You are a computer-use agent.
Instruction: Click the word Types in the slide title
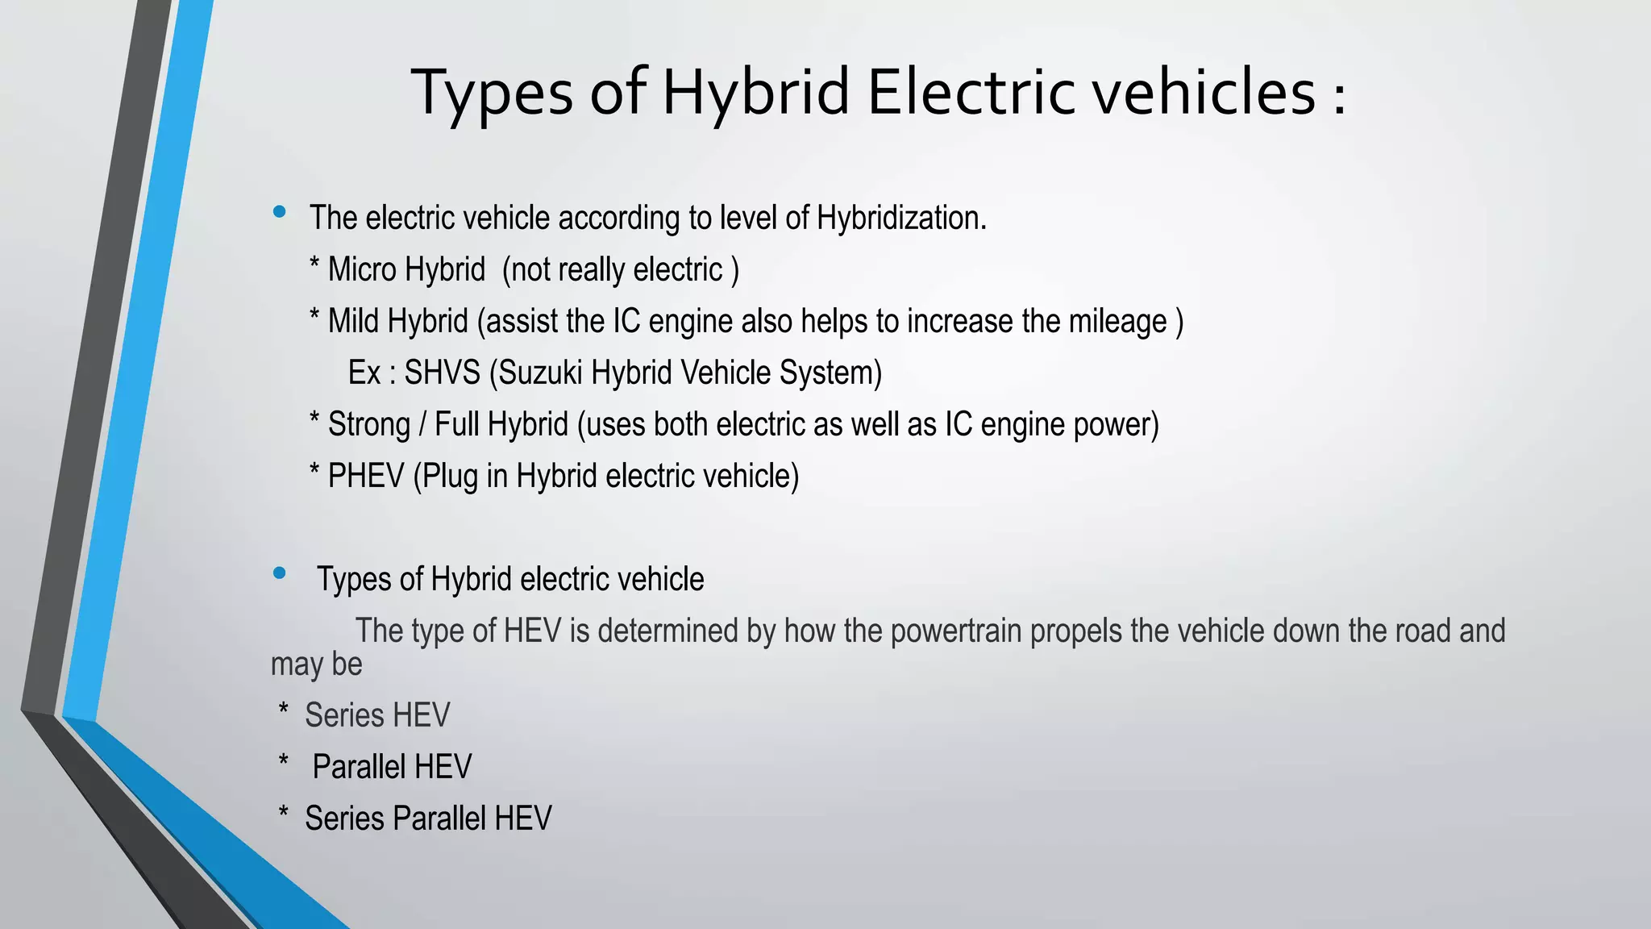tap(493, 93)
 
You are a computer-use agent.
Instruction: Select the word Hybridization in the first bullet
tap(900, 218)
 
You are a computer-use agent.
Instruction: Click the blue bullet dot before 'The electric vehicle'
tap(280, 212)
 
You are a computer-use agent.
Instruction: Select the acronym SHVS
tap(442, 373)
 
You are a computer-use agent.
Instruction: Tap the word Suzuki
tap(540, 373)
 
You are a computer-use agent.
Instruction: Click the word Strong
tap(369, 424)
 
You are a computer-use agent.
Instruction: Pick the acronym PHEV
tap(366, 476)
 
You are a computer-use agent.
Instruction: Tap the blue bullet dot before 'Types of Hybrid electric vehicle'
tap(280, 573)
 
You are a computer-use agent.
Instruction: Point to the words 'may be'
tap(316, 664)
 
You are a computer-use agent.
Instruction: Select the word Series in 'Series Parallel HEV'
tap(344, 819)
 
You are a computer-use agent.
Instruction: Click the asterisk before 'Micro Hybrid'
tap(314, 265)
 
